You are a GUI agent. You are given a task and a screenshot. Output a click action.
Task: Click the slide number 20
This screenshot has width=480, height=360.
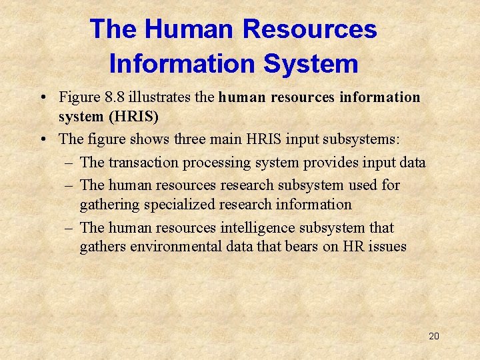[433, 336]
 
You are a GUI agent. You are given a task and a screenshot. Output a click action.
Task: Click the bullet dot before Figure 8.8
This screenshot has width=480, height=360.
[42, 98]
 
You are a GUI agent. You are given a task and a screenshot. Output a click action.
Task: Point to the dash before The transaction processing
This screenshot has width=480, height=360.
[69, 162]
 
